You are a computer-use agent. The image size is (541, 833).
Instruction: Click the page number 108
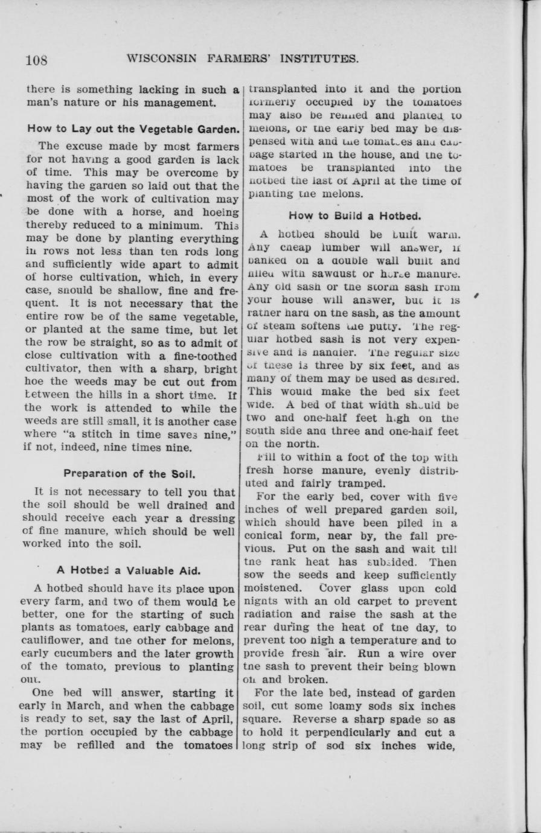pos(36,60)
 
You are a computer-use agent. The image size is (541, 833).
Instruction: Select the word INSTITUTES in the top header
pos(316,59)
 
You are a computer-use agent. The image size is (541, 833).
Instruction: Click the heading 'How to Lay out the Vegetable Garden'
pos(133,128)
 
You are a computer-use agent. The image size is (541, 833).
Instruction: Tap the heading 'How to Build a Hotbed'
pos(354,215)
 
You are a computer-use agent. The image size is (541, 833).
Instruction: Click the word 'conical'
pos(264,535)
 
